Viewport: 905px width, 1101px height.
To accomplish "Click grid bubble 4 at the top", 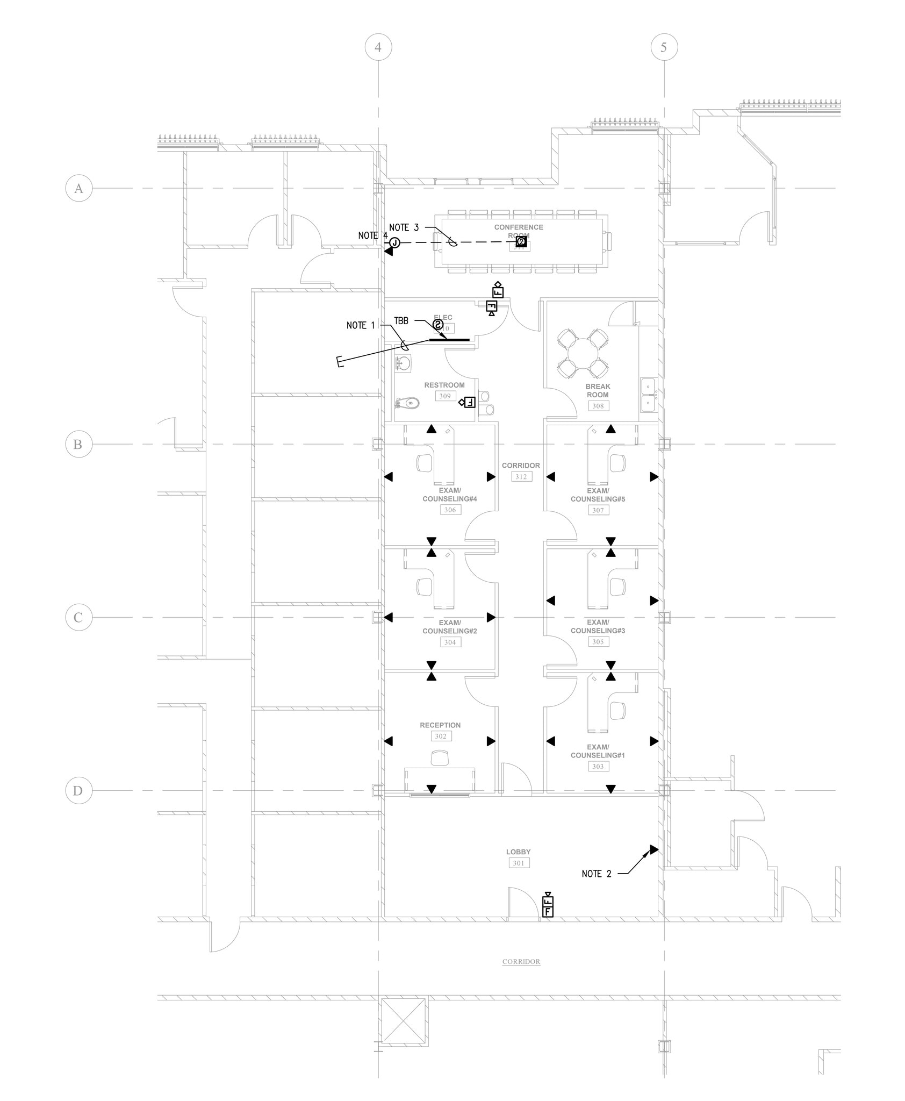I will point(378,47).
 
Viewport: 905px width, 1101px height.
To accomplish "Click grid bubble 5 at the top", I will point(664,47).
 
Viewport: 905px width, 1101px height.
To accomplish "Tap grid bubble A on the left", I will point(78,188).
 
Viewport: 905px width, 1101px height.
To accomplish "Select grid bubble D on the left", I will point(78,791).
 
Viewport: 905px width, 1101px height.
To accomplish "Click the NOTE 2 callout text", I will point(596,874).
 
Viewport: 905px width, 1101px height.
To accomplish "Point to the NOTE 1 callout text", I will point(360,325).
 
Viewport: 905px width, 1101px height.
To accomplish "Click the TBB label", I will point(401,321).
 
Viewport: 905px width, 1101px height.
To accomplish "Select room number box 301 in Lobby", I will point(519,863).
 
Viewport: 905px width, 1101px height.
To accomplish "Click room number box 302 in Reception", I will point(441,737).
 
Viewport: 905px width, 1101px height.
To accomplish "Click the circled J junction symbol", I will point(395,242).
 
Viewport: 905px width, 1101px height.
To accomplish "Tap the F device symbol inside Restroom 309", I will point(469,402).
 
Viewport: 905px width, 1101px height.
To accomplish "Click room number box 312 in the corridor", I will point(520,477).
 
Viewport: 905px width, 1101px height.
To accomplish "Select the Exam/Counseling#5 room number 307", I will point(598,510).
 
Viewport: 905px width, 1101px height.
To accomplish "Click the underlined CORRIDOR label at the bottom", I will point(521,962).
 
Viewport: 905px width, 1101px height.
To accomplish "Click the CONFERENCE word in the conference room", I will point(519,227).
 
